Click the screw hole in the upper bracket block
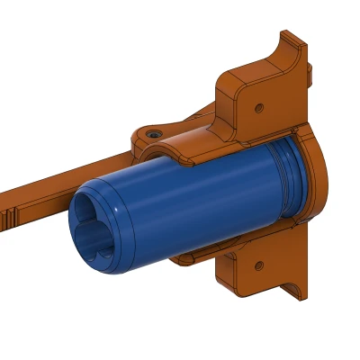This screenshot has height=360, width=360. [x=259, y=107]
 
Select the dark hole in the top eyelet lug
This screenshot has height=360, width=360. [x=155, y=132]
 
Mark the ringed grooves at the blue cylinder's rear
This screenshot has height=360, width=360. [x=286, y=180]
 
